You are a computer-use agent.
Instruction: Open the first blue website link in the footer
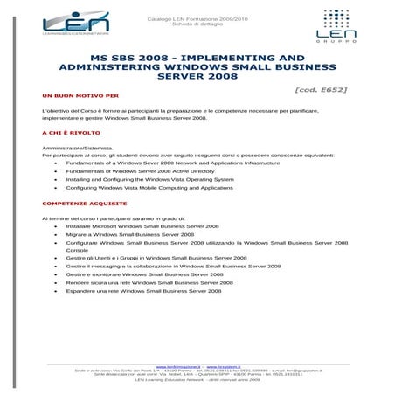click(x=177, y=366)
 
